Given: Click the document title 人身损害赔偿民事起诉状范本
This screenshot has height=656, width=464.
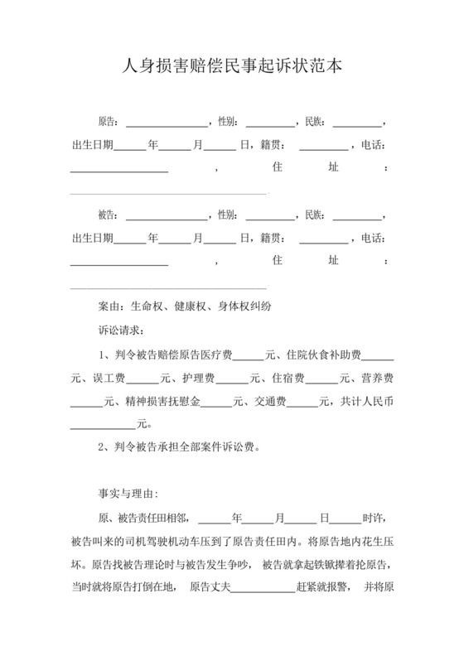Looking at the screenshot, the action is tap(232, 64).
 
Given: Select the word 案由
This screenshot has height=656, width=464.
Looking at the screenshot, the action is tap(110, 306).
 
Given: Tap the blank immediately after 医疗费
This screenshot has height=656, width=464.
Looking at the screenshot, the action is tap(248, 357).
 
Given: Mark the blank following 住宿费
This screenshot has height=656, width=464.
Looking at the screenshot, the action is tap(321, 380).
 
